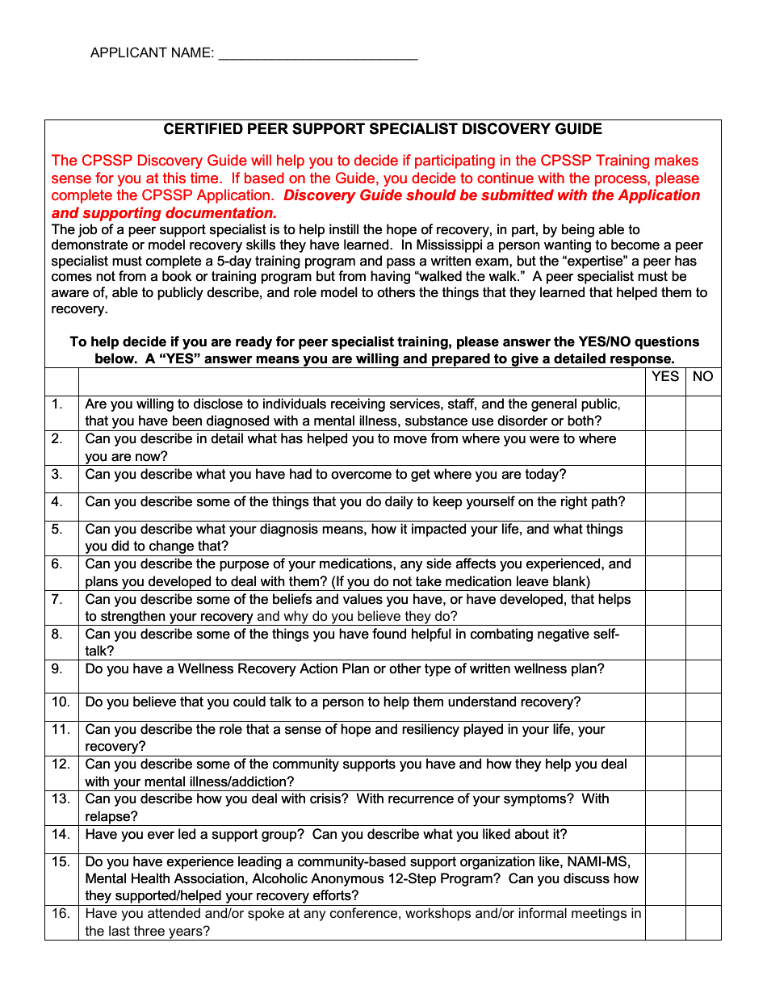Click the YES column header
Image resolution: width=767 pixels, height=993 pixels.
tap(665, 377)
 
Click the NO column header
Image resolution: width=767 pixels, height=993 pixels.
tap(703, 377)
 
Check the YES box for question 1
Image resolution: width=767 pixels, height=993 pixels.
tap(665, 413)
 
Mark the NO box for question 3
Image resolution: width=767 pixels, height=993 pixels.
tap(703, 480)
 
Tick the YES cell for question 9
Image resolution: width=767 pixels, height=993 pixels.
tap(665, 677)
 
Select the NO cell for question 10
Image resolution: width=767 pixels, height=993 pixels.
tap(703, 707)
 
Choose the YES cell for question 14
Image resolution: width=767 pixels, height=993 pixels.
tap(665, 840)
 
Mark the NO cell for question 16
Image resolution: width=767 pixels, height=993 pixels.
tap(703, 923)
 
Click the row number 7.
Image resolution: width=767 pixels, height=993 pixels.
tap(57, 599)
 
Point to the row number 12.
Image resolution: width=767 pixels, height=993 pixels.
tap(61, 764)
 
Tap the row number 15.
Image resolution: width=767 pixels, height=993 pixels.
tap(61, 861)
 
